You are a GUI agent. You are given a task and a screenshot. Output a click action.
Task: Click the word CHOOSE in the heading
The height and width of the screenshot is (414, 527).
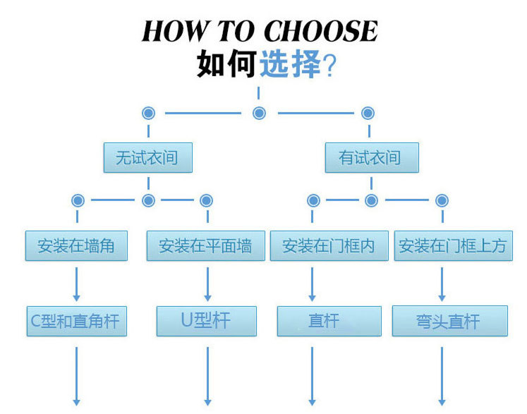pyautogui.click(x=320, y=31)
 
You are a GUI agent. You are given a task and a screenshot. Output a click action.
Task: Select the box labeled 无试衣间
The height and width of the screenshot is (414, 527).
pyautogui.click(x=147, y=157)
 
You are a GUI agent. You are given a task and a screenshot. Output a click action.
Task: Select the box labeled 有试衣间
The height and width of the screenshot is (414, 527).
pyautogui.click(x=371, y=157)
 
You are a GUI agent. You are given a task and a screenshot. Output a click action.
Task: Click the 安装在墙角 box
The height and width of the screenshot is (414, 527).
pyautogui.click(x=76, y=246)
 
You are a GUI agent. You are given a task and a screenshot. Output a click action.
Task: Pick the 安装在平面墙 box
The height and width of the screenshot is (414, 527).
pyautogui.click(x=205, y=246)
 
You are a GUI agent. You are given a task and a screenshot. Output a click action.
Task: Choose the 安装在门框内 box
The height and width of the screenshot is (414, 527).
pyautogui.click(x=329, y=246)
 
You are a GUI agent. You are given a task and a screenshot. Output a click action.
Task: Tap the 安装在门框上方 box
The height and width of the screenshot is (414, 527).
pyautogui.click(x=452, y=246)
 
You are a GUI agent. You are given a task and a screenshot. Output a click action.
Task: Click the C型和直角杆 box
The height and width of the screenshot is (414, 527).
pyautogui.click(x=73, y=321)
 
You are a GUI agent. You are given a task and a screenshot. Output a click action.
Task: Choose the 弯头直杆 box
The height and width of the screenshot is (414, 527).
pyautogui.click(x=449, y=321)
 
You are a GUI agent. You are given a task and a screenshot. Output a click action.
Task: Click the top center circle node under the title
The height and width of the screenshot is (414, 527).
pyautogui.click(x=259, y=113)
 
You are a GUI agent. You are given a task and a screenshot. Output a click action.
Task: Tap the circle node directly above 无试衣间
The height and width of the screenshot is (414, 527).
pyautogui.click(x=148, y=113)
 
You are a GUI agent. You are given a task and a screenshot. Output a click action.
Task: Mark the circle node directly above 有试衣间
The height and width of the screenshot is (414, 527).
pyautogui.click(x=368, y=113)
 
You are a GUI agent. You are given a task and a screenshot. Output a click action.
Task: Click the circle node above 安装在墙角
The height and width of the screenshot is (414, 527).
pyautogui.click(x=78, y=200)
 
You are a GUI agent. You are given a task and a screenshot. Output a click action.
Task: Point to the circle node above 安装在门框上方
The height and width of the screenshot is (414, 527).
pyautogui.click(x=442, y=200)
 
